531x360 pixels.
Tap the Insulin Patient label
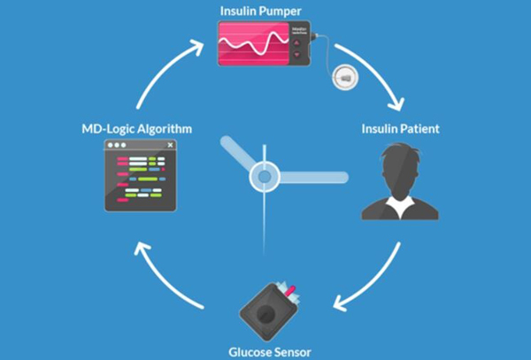pos(400,129)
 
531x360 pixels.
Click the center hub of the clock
pos(264,176)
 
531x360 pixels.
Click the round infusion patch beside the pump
pos(342,78)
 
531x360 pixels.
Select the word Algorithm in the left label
pos(164,130)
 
